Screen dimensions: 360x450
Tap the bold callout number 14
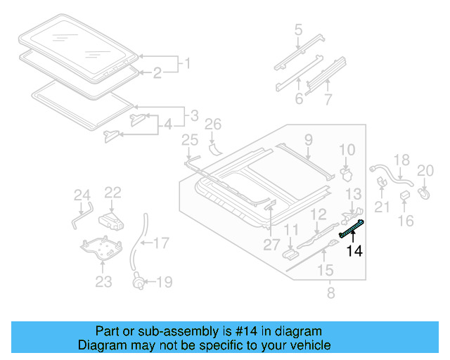[x=354, y=251]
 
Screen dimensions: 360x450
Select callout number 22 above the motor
[x=113, y=192]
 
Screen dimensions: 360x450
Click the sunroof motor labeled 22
[x=112, y=220]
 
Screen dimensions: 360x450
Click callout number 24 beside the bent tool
[x=82, y=195]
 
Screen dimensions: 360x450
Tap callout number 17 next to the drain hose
[x=161, y=244]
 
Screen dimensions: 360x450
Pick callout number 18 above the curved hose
[x=401, y=161]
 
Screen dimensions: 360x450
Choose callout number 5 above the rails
[x=298, y=30]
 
